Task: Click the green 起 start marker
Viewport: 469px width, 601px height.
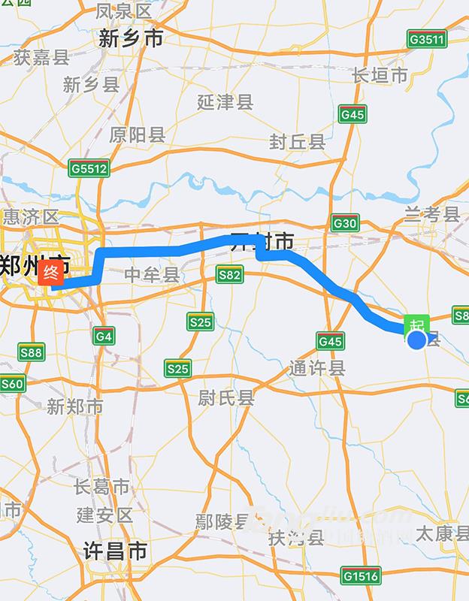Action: [417, 325]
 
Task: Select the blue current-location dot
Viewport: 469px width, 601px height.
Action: [417, 340]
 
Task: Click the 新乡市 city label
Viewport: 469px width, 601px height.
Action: [131, 39]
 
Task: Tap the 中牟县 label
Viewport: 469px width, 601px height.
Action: [152, 275]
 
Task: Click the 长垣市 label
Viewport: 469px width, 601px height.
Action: [380, 75]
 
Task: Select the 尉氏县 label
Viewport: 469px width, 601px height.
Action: [226, 397]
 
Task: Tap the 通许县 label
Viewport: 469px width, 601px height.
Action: [317, 368]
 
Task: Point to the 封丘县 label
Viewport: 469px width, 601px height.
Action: [298, 141]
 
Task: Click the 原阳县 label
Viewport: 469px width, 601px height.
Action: [137, 135]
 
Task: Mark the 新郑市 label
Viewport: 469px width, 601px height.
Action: [74, 406]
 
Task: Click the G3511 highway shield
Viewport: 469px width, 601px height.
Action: [426, 38]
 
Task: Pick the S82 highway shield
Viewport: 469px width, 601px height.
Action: [229, 275]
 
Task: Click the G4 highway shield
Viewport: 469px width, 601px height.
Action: [104, 336]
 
